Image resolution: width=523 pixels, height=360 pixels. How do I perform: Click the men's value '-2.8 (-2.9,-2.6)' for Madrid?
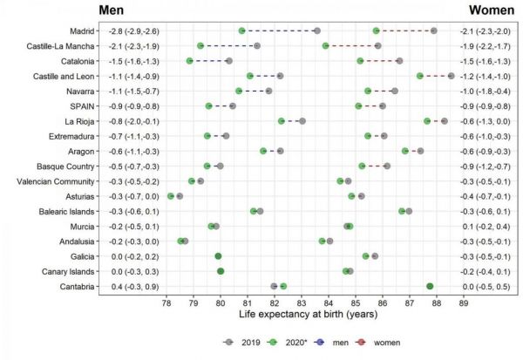pyautogui.click(x=132, y=31)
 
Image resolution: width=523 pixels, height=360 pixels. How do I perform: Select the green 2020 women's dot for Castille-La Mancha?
pyautogui.click(x=325, y=45)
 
